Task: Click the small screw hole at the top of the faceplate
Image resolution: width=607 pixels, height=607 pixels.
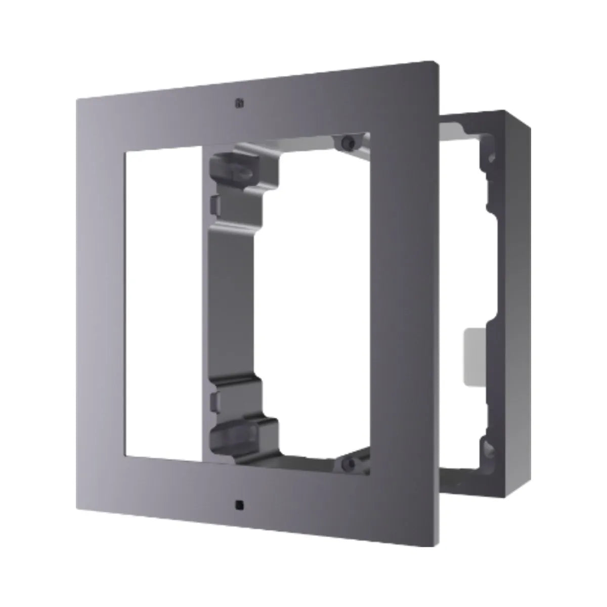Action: (x=237, y=104)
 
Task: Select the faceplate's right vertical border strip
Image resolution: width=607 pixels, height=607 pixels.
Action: (x=405, y=303)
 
